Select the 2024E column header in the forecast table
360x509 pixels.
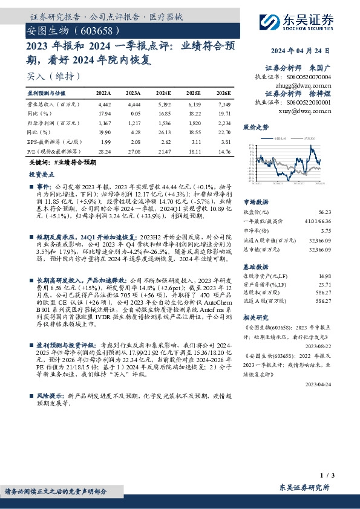[x=163, y=94]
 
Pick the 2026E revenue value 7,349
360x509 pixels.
[x=223, y=105]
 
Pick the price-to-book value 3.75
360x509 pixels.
[x=326, y=230]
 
